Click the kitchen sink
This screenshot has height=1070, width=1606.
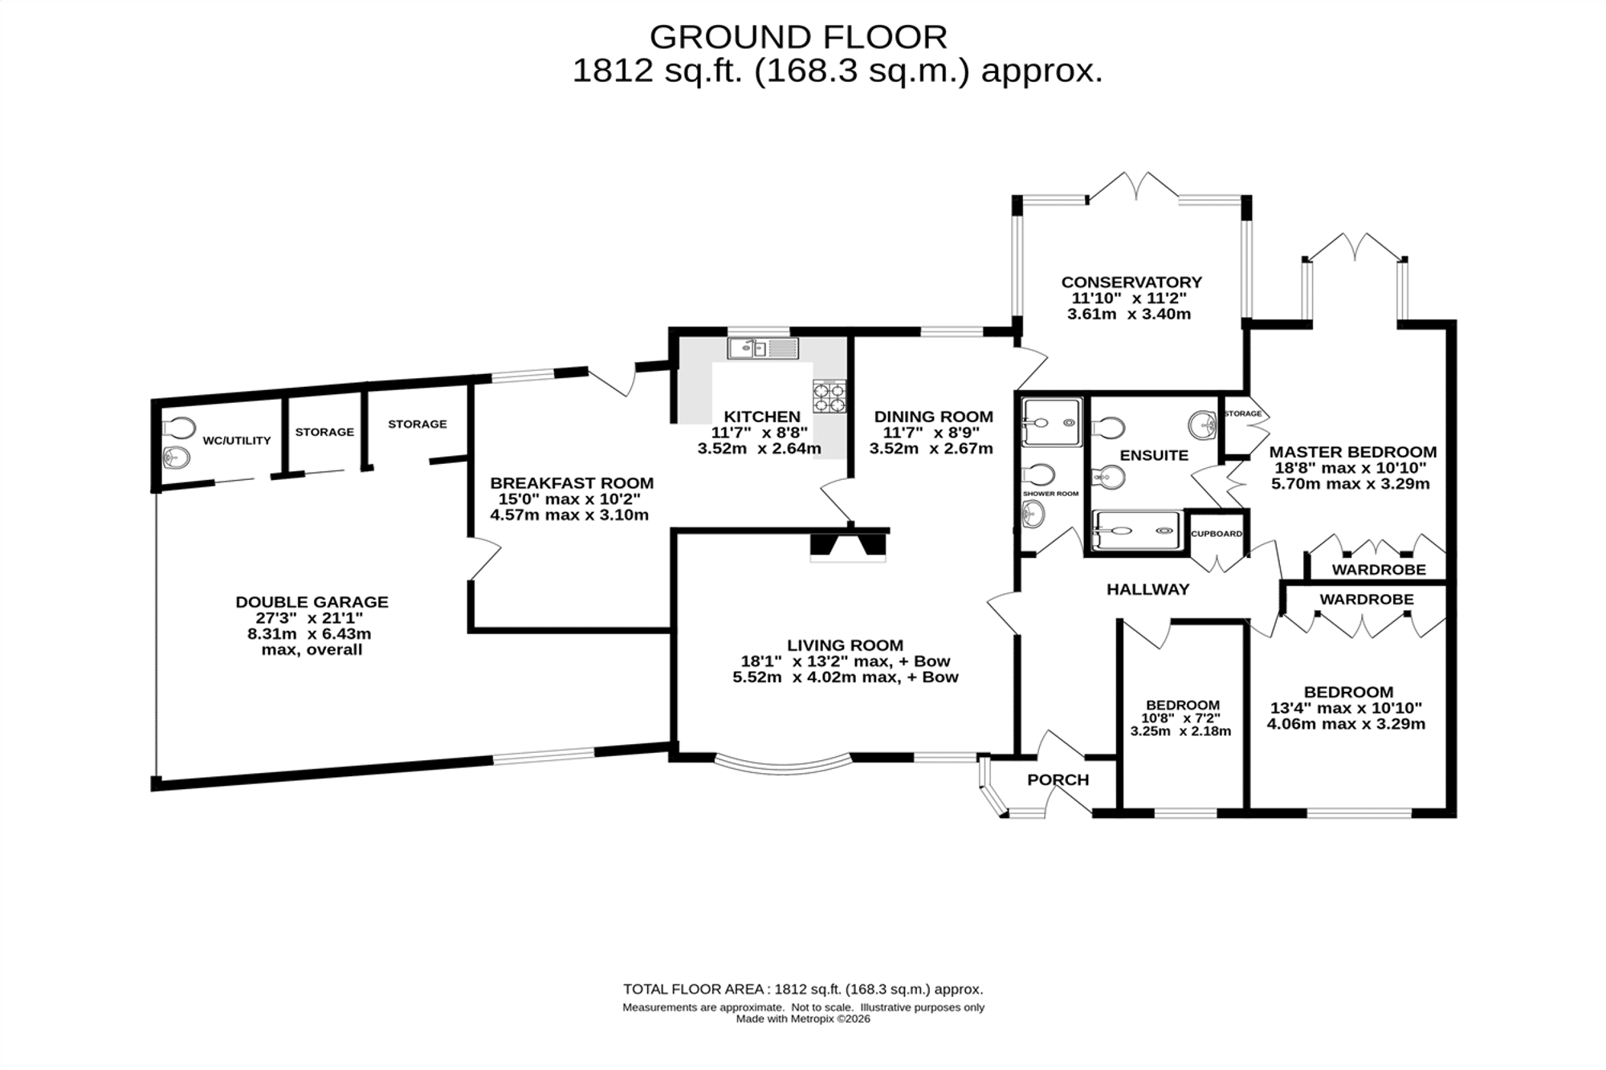tap(763, 348)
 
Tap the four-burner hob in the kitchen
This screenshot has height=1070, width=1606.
tap(829, 397)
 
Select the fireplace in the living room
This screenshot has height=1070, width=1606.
tap(848, 546)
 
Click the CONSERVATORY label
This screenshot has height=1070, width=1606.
tap(1131, 283)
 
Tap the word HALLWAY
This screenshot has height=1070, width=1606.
tap(1147, 589)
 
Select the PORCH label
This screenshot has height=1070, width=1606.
tap(1058, 779)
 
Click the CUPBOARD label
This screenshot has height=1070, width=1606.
tap(1217, 534)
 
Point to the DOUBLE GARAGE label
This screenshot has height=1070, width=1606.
tap(312, 602)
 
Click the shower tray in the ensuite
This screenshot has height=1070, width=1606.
tap(1137, 531)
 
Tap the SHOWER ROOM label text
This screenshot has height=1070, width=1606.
tap(1050, 494)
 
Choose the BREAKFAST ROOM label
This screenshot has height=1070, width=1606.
tap(572, 483)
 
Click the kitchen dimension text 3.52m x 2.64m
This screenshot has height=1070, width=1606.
tap(759, 449)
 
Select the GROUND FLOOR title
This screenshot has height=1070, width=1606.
tap(798, 37)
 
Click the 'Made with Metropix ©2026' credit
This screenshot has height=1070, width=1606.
tap(803, 1019)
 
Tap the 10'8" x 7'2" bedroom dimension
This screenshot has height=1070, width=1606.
tap(1182, 718)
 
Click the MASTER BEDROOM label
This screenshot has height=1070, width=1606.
tap(1352, 452)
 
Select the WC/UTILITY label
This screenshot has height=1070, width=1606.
tap(237, 441)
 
